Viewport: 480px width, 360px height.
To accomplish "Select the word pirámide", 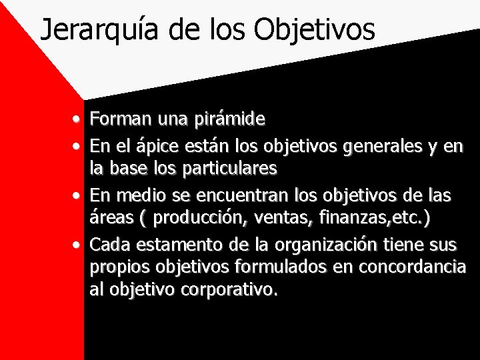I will click(x=230, y=119).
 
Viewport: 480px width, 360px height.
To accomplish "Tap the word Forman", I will click(x=119, y=119).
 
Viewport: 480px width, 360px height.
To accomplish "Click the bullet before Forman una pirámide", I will click(x=79, y=121).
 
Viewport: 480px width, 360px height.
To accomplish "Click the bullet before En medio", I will click(x=79, y=195).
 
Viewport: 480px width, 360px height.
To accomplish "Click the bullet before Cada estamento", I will click(x=79, y=245).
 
